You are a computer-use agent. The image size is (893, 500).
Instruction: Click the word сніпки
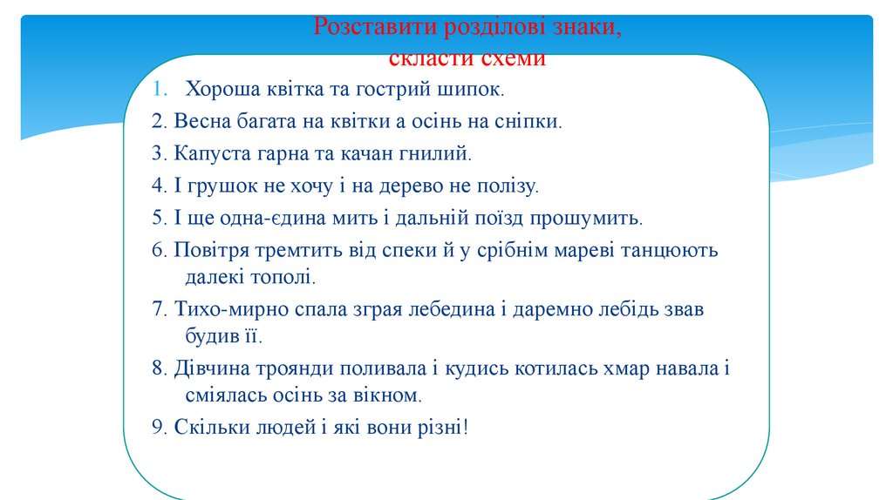pos(528,121)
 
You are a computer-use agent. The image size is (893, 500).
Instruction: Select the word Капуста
pos(210,153)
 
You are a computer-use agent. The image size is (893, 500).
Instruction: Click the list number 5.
pos(157,218)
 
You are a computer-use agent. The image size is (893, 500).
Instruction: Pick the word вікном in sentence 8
pos(386,395)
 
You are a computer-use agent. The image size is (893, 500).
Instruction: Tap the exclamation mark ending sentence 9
pos(467,428)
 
